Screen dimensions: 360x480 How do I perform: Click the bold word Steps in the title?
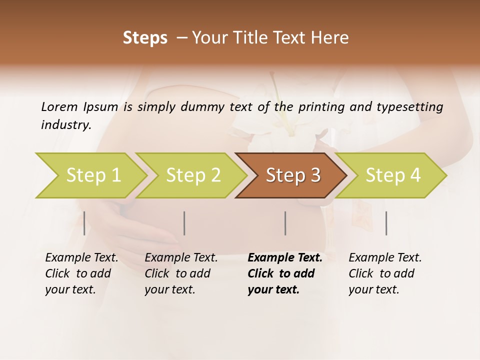coord(145,38)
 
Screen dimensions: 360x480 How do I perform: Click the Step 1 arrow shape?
coord(93,175)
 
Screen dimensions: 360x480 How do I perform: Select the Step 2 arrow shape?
coord(193,175)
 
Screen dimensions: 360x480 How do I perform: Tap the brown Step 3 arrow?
coord(293,175)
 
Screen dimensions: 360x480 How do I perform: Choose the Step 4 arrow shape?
coord(393,175)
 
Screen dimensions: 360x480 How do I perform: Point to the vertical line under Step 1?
coord(84,223)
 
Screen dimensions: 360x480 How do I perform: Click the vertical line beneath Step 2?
coord(184,223)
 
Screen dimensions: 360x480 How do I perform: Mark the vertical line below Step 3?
coord(285,223)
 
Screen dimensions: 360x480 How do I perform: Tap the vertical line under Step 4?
coord(386,223)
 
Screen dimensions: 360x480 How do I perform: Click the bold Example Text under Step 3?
coord(285,258)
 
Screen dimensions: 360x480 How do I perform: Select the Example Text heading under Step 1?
coord(81,258)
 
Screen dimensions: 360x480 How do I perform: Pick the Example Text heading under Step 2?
coord(181,258)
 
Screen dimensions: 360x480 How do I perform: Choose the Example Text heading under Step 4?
coord(385,258)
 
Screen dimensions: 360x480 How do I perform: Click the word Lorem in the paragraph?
coord(59,107)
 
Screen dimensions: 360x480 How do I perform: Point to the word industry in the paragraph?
coord(66,125)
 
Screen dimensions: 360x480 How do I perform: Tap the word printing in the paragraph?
coord(321,107)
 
